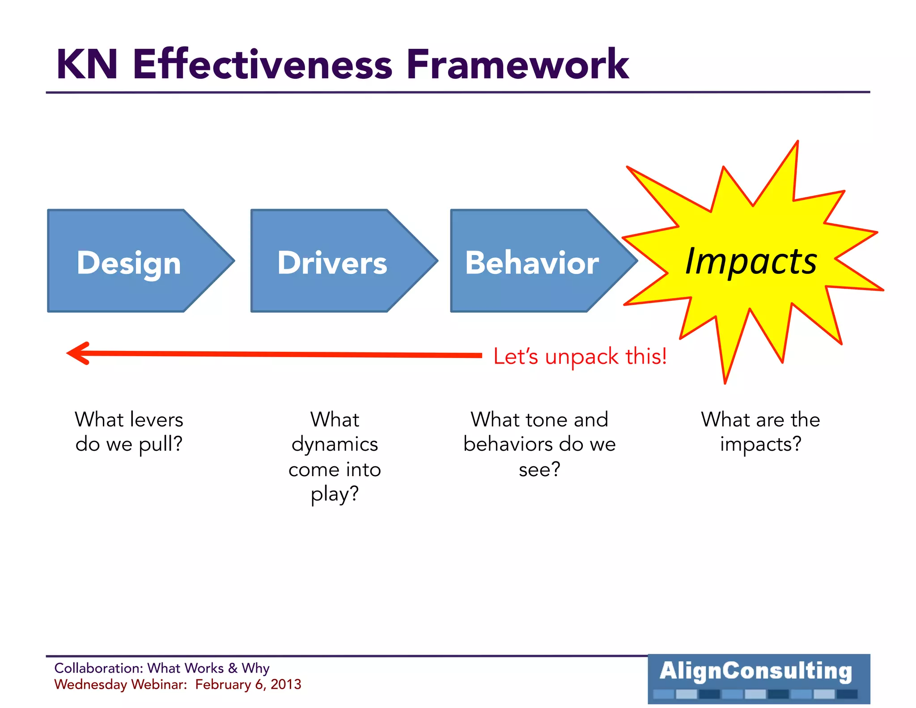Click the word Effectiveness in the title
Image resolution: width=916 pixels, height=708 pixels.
tap(263, 65)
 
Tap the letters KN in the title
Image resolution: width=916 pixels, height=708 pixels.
tap(87, 65)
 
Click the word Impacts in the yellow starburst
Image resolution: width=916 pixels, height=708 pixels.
tap(751, 262)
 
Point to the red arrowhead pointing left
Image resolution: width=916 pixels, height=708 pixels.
tap(79, 354)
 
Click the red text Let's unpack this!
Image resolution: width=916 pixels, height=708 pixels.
tap(580, 357)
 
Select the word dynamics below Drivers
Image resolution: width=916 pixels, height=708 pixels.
tap(335, 444)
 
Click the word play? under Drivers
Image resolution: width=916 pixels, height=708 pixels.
tap(335, 495)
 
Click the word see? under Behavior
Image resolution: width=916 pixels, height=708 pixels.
tap(539, 469)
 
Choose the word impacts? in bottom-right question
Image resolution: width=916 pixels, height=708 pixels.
tap(760, 444)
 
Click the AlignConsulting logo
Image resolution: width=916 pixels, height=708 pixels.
tap(759, 678)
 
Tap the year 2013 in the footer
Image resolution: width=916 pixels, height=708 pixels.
tap(286, 684)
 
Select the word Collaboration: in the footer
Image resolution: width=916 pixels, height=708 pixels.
tap(98, 668)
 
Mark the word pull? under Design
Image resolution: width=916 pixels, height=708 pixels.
tap(160, 444)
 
